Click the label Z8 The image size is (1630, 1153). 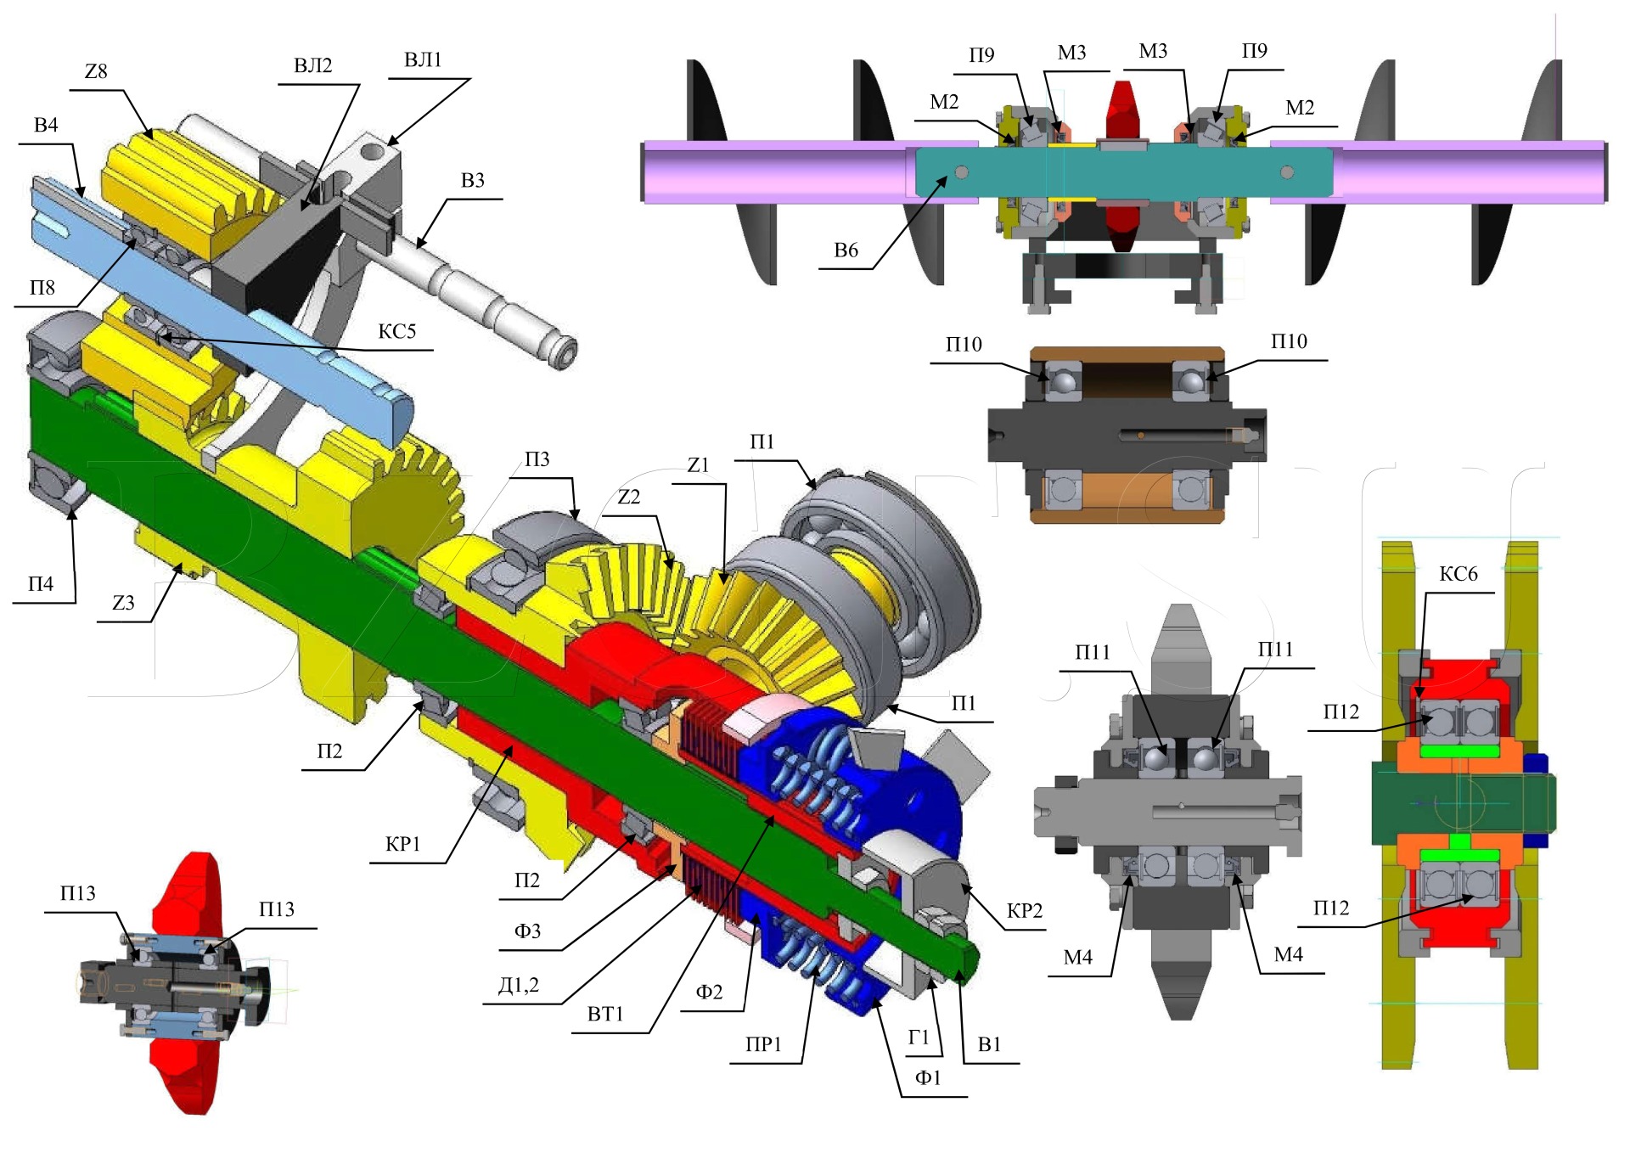point(96,71)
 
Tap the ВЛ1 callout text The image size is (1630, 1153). point(423,60)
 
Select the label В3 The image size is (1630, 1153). point(472,181)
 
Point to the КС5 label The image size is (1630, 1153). point(396,331)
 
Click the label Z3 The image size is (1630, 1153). point(123,603)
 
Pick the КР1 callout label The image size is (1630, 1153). point(402,844)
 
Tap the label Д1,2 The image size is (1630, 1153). point(518,985)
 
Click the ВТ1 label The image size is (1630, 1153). point(605,1014)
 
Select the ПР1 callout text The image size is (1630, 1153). point(763,1044)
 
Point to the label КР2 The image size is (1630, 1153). point(1024,911)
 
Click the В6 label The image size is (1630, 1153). point(846,250)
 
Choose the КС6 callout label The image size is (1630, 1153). point(1459,574)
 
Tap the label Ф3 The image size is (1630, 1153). point(527,931)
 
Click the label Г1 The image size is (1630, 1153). point(919,1037)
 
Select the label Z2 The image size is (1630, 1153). point(628,497)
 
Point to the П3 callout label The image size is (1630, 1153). point(537,459)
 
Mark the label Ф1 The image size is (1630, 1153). point(927,1077)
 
